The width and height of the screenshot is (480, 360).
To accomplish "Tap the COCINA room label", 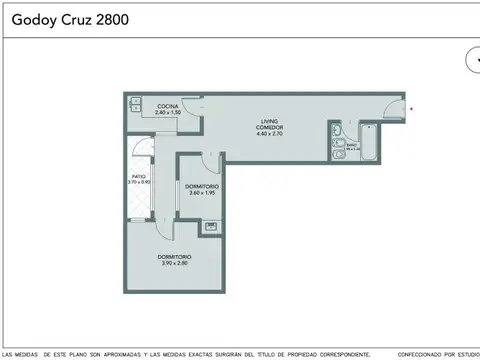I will click(x=167, y=106).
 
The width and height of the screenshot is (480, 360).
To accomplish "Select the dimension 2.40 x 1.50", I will click(x=167, y=112).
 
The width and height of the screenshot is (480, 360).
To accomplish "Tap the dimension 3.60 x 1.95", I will click(x=202, y=192).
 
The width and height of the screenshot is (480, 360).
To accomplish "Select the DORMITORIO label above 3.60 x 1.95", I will click(x=202, y=185).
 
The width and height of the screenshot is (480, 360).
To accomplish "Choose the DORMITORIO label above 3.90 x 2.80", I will click(x=174, y=256).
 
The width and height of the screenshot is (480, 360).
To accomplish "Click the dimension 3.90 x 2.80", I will click(x=174, y=263).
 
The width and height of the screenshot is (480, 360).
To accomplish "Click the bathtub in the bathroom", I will click(x=369, y=146).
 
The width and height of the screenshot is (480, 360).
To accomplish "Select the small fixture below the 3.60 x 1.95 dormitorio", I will click(x=210, y=226).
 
